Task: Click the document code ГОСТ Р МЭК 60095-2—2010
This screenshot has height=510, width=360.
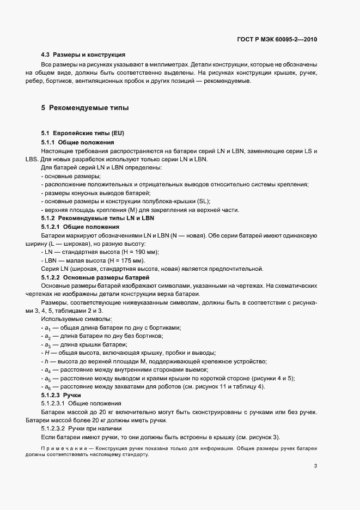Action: click(x=274, y=40)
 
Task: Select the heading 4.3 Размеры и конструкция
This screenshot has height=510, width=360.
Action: click(x=83, y=54)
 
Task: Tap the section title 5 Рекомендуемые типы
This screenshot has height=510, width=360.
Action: click(x=85, y=108)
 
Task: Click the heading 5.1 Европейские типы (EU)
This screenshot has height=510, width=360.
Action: click(x=79, y=133)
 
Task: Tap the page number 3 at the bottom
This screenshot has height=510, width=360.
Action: click(x=316, y=466)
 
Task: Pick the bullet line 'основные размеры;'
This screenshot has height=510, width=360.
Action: click(x=71, y=176)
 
